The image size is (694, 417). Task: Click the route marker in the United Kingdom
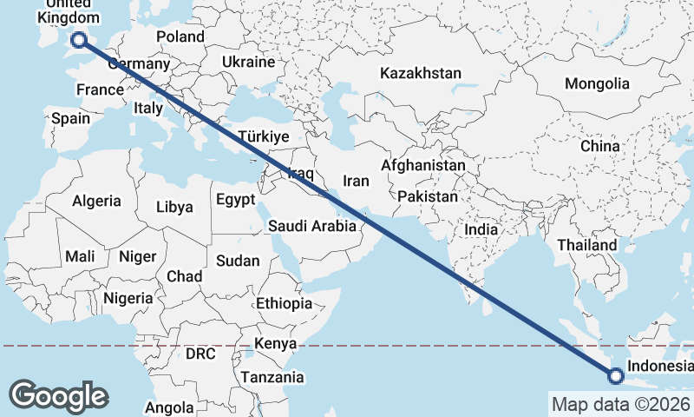79,39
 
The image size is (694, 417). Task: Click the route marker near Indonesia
616,376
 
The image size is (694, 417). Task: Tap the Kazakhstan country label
420,74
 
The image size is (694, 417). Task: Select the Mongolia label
597,84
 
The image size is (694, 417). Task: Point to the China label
600,146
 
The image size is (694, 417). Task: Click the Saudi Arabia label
311,226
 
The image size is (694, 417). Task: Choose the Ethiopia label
284,304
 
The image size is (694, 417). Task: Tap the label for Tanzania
272,377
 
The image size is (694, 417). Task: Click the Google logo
59,395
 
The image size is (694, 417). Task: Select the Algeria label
96,201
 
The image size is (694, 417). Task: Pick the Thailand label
586,246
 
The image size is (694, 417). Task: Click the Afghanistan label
423,165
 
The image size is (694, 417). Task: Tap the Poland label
180,36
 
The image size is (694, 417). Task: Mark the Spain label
70,118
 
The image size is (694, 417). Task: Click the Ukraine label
248,63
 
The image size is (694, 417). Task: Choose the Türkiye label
263,137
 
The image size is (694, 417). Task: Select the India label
481,229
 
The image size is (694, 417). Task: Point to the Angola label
169,407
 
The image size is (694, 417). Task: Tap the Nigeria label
128,298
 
